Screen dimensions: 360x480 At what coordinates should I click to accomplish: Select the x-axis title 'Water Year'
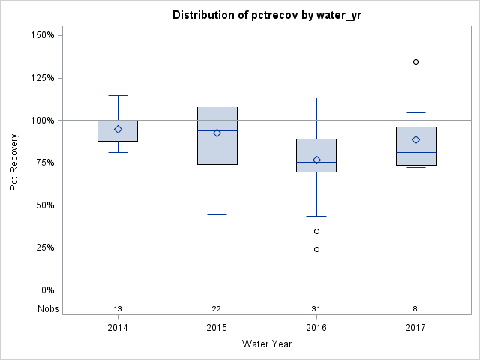267,344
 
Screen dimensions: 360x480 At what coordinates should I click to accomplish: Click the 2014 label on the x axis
118,328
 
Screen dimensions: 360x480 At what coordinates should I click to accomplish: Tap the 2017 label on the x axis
415,328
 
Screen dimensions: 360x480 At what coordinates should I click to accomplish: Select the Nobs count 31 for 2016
316,309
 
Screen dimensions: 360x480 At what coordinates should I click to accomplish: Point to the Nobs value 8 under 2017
415,309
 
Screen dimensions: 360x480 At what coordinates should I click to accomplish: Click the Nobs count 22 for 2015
217,309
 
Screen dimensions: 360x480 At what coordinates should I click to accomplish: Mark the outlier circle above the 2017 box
415,61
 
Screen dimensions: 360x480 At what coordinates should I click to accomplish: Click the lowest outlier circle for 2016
316,249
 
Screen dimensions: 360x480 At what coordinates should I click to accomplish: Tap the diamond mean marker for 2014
118,129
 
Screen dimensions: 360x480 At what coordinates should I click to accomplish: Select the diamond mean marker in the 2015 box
217,133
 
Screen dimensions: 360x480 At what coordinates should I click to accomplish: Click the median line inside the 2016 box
316,162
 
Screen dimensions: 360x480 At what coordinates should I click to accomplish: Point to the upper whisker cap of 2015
217,82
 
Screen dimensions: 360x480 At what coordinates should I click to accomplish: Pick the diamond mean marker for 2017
415,139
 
